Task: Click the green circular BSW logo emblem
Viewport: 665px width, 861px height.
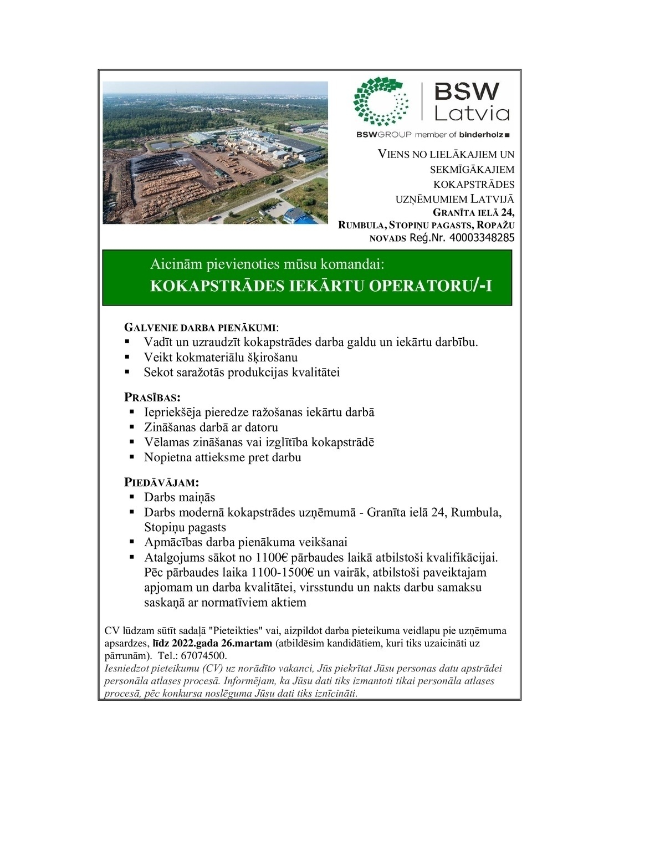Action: (x=381, y=102)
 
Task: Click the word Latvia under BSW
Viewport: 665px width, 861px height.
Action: (x=472, y=114)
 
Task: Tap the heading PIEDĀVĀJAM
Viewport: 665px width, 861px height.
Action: (x=161, y=482)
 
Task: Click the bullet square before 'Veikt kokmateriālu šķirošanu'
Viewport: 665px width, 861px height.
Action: (x=128, y=357)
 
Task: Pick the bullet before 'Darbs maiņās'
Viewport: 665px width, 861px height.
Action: (x=132, y=497)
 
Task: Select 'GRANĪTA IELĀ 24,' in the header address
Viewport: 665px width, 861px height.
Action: (x=473, y=213)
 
